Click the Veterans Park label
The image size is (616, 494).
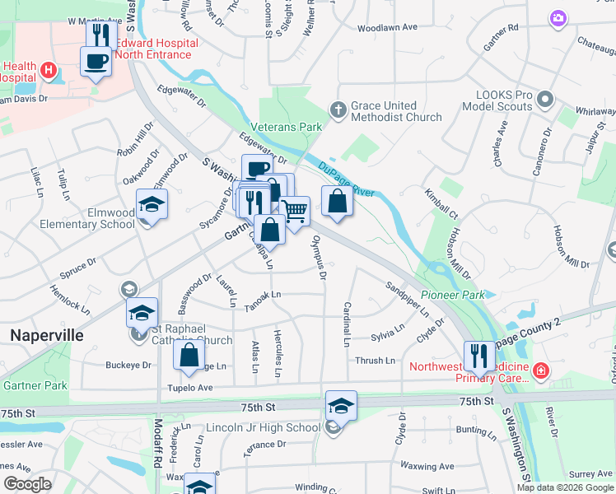pos(288,127)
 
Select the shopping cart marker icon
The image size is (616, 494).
pos(295,212)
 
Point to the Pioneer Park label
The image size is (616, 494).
pos(452,294)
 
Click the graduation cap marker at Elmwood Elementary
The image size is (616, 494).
pos(152,203)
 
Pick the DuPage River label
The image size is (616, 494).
pos(346,177)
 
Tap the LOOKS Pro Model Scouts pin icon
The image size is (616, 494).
pos(544,100)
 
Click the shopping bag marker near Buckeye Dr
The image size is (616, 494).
pos(189,355)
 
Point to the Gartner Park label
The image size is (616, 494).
pos(34,385)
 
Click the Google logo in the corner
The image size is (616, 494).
pos(28,484)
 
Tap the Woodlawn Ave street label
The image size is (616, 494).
pos(389,28)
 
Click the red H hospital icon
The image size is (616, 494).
pos(49,70)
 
